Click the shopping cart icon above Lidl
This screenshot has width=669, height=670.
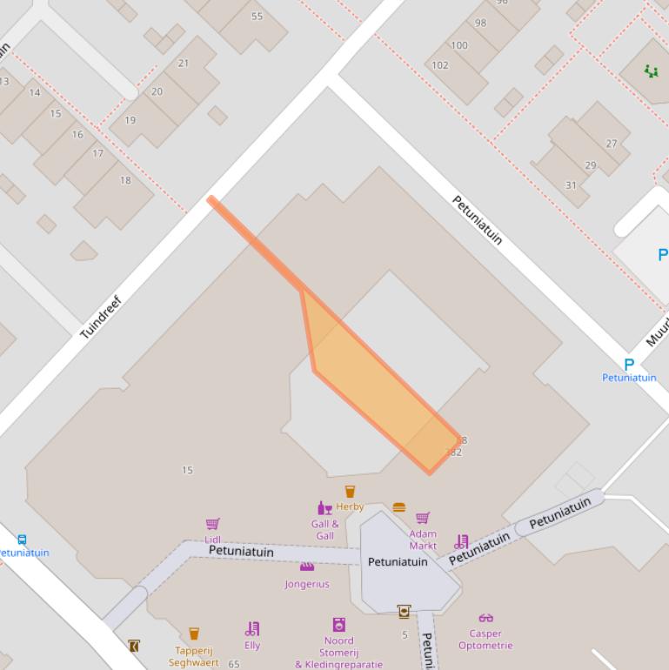[x=212, y=524]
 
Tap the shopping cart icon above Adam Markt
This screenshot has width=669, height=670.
[x=423, y=519]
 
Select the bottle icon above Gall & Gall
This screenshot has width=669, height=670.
[x=324, y=507]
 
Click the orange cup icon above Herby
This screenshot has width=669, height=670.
[x=350, y=492]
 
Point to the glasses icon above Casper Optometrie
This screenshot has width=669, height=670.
[x=485, y=619]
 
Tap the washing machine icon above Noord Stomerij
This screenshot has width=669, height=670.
[x=338, y=625]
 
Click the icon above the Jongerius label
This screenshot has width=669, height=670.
[x=306, y=567]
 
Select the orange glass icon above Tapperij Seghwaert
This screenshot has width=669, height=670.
[x=194, y=633]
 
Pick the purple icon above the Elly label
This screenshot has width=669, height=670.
[x=252, y=628]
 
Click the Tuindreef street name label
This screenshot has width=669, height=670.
[x=101, y=318]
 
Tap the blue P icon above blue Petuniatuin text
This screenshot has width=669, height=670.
[x=629, y=364]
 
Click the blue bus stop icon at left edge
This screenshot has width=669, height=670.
[x=22, y=540]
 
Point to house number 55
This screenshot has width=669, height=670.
[x=257, y=17]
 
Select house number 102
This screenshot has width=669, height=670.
[x=440, y=65]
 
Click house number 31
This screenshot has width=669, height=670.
[x=571, y=185]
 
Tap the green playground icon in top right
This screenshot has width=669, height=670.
[x=651, y=71]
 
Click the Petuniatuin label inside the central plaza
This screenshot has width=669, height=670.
[x=398, y=562]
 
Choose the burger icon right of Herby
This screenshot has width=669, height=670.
[x=399, y=507]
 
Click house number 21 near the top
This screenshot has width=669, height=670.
[x=183, y=64]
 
